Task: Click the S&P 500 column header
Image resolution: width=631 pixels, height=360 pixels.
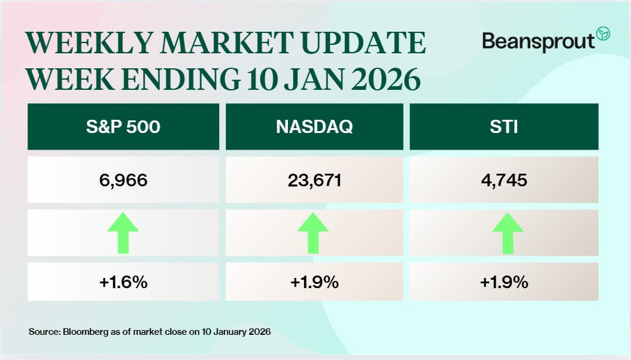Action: click(x=123, y=126)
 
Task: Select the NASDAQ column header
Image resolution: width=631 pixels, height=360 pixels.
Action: click(x=314, y=126)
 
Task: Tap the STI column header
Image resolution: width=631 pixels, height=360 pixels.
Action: click(x=503, y=126)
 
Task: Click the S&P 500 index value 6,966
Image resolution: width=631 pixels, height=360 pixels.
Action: click(x=123, y=180)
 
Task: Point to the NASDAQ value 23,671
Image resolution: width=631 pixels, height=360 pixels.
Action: click(x=314, y=180)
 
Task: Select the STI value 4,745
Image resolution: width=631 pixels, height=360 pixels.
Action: click(x=503, y=180)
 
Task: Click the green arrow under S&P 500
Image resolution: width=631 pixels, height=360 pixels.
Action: click(x=123, y=232)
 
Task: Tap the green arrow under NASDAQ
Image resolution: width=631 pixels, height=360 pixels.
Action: click(x=313, y=232)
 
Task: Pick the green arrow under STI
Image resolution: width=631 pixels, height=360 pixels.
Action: click(x=508, y=232)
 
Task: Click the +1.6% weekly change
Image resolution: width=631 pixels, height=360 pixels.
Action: click(x=123, y=282)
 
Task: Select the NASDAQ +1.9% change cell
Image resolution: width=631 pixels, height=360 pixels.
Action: click(x=314, y=282)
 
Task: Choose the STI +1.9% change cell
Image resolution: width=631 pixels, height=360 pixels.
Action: click(x=503, y=282)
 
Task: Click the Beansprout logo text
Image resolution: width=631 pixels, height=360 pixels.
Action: click(x=538, y=41)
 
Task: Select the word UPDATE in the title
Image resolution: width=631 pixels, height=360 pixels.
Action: click(x=364, y=44)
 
